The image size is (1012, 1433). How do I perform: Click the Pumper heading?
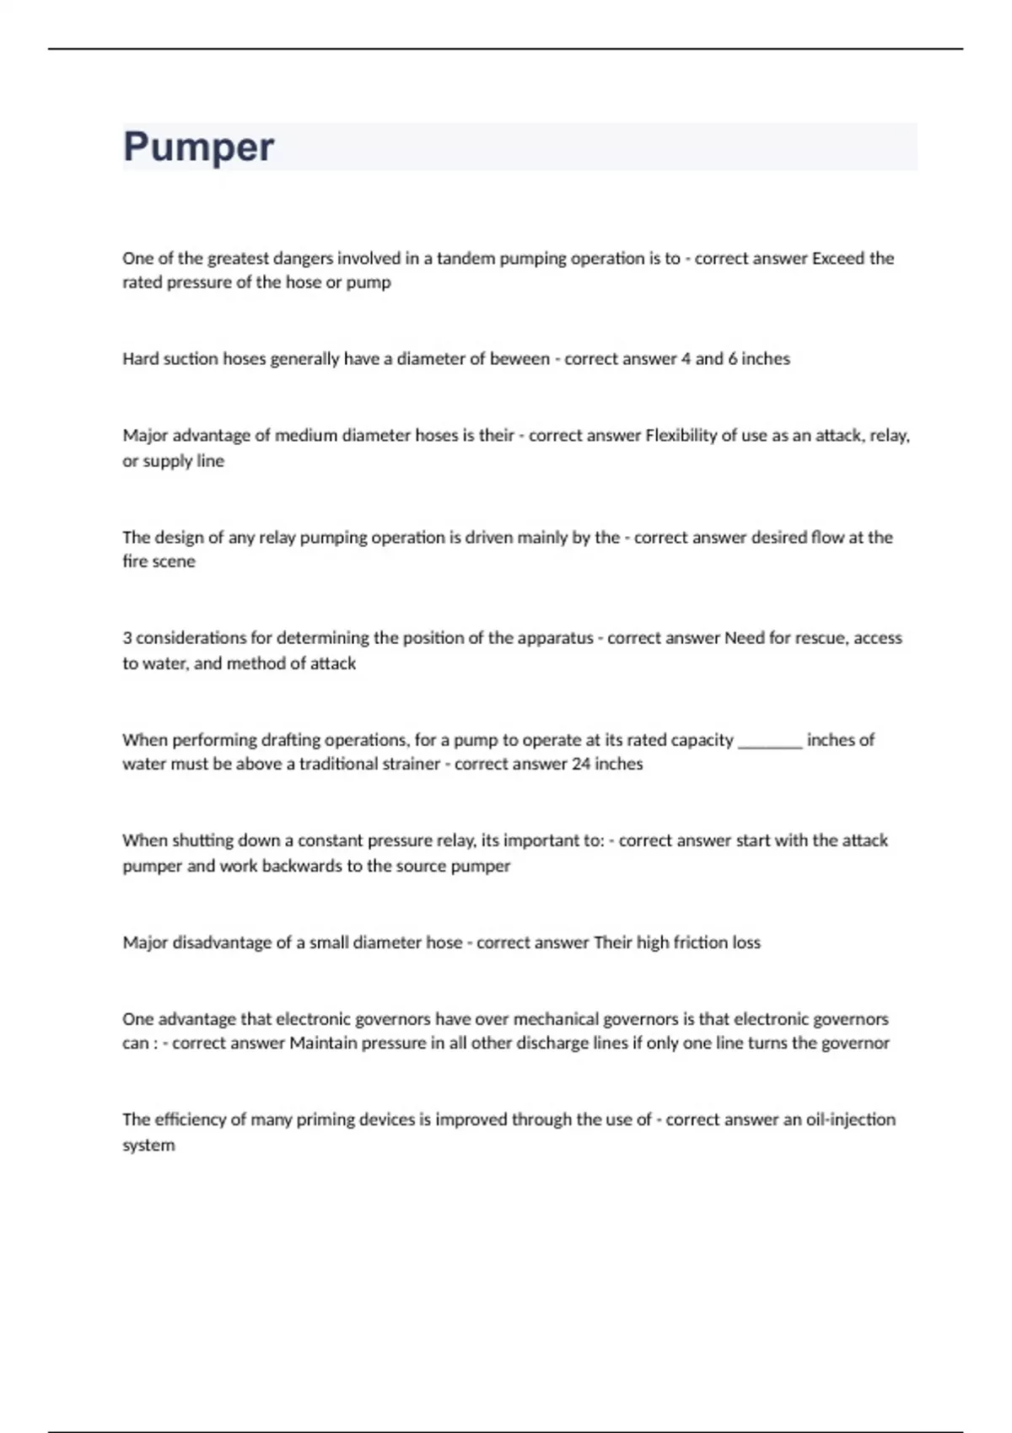pos(198,147)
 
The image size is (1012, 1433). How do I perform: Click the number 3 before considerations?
pos(126,638)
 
